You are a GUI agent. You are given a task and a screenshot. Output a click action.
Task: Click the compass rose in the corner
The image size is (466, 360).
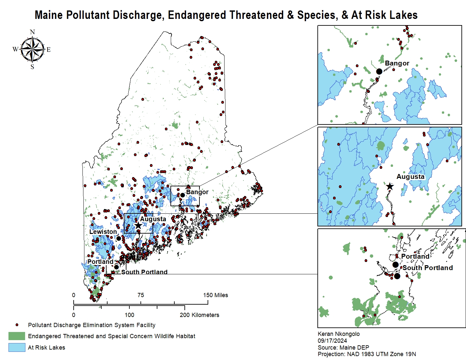tap(32, 50)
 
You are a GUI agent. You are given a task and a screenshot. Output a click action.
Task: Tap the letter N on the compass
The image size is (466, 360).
tap(32, 32)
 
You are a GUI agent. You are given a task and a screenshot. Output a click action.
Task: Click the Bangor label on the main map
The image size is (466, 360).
tap(197, 192)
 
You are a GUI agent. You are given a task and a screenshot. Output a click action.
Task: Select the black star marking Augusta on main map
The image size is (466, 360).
tap(138, 225)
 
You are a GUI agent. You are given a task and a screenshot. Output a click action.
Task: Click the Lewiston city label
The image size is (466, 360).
tap(103, 232)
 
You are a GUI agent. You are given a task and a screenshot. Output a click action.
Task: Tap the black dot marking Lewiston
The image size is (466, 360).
tap(119, 238)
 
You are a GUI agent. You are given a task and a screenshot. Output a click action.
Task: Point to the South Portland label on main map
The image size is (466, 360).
tap(144, 272)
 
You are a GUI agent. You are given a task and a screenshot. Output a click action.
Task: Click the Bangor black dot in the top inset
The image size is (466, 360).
tap(379, 71)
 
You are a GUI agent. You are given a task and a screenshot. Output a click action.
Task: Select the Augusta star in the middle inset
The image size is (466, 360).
tap(390, 186)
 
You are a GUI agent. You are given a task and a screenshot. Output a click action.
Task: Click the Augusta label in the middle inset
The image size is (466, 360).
tap(410, 177)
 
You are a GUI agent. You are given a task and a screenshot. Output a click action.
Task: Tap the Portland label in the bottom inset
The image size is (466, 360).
tap(415, 256)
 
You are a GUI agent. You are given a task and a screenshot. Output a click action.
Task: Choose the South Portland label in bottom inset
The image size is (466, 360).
tap(428, 268)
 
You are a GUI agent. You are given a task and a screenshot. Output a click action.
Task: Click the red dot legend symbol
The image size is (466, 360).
tap(17, 325)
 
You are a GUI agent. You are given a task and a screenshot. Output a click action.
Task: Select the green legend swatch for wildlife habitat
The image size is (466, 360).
tap(17, 336)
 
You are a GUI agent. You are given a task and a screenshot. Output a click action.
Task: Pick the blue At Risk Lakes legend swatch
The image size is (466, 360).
tap(17, 347)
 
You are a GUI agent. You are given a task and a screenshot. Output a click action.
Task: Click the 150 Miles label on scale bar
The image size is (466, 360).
tap(215, 295)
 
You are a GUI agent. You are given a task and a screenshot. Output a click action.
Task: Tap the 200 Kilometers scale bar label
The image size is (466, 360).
tap(199, 315)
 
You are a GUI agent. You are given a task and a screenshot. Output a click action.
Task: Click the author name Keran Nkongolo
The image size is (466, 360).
tap(339, 334)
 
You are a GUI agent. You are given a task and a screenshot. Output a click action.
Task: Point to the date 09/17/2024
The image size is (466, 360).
tap(332, 341)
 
